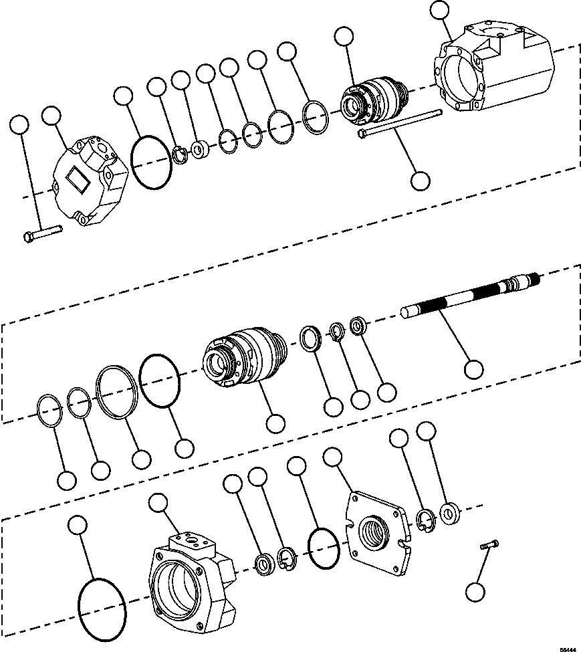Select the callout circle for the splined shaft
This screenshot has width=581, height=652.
(x=473, y=369)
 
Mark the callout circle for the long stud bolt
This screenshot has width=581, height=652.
(x=421, y=180)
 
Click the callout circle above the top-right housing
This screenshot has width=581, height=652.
(x=439, y=10)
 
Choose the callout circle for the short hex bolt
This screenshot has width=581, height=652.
(x=20, y=125)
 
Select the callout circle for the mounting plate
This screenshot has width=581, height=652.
(x=332, y=457)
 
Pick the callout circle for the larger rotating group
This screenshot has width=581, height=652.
(x=275, y=423)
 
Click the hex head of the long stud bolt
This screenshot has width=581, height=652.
(x=362, y=134)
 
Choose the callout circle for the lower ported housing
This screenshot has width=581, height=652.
(x=158, y=504)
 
